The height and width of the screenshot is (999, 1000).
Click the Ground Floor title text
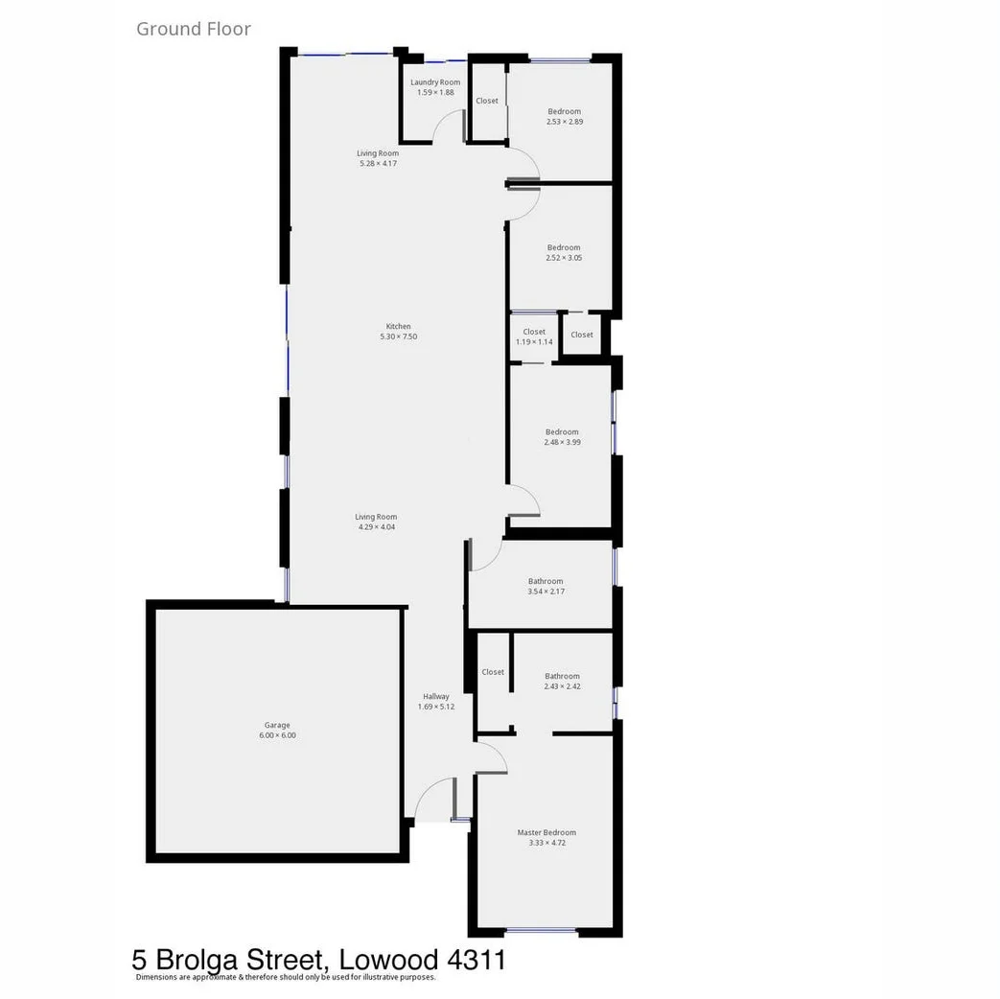pyautogui.click(x=194, y=29)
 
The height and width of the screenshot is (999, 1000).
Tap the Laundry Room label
pyautogui.click(x=435, y=82)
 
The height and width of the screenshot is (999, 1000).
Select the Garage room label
pyautogui.click(x=277, y=726)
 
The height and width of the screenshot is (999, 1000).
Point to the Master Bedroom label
pyautogui.click(x=547, y=833)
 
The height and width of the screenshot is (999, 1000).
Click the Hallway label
pyautogui.click(x=436, y=697)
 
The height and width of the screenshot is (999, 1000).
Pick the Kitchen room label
pyautogui.click(x=398, y=327)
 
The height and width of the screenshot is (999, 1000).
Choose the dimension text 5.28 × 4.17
pyautogui.click(x=378, y=164)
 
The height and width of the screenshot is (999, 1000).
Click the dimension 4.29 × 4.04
pyautogui.click(x=377, y=527)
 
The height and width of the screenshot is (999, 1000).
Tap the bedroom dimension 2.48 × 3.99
pyautogui.click(x=562, y=443)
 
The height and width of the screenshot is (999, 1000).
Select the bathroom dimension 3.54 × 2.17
pyautogui.click(x=546, y=592)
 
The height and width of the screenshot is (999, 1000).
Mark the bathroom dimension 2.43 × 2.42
pyautogui.click(x=562, y=686)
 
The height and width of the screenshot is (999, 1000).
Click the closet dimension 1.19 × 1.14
pyautogui.click(x=534, y=342)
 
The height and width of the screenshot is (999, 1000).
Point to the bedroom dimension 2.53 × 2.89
pyautogui.click(x=565, y=122)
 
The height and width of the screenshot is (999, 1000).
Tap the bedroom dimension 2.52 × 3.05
pyautogui.click(x=564, y=258)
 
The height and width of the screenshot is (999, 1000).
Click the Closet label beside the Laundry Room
pyautogui.click(x=487, y=101)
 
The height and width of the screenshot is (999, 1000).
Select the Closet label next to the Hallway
pyautogui.click(x=493, y=672)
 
